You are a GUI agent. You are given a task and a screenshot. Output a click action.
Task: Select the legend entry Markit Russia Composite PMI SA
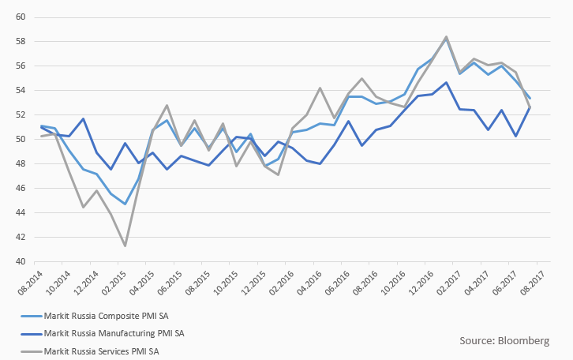(x=103, y=315)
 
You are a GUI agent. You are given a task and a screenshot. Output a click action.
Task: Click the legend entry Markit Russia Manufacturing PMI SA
(x=109, y=333)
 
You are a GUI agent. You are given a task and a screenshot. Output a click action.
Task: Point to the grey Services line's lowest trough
(x=125, y=246)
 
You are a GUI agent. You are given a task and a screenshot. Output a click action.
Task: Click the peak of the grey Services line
(x=447, y=36)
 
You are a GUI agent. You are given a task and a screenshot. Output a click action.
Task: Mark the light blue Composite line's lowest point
(x=125, y=204)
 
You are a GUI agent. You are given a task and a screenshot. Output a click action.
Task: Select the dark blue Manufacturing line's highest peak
(x=447, y=82)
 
